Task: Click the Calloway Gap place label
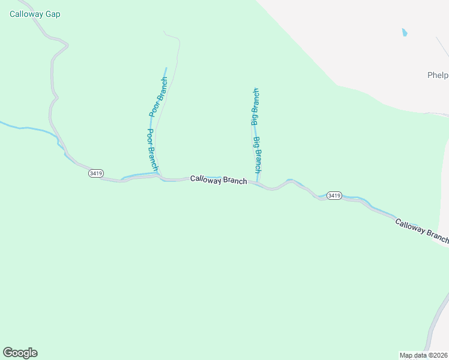pos(35,14)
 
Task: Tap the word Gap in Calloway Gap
pos(52,14)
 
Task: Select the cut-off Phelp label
pos(438,75)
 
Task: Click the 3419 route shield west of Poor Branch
pos(95,173)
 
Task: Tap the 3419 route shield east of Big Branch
pos(334,196)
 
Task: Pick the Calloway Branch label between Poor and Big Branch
pos(218,179)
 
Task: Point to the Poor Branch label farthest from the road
pos(158,97)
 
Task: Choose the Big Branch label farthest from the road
pos(255,106)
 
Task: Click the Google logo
pos(20,353)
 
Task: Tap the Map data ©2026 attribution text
pos(423,355)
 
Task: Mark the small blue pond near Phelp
pos(405,32)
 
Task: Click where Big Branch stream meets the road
pos(258,182)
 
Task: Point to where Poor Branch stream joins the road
pos(159,176)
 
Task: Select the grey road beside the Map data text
pos(433,327)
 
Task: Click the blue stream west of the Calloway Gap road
pos(24,128)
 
